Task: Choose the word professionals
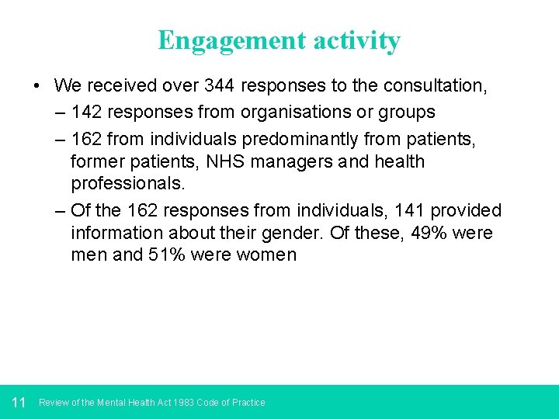[x=128, y=184]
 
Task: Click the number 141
[x=409, y=210]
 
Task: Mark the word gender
[x=302, y=233]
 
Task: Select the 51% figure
[x=167, y=255]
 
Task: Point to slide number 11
[x=19, y=402]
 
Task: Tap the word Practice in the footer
[x=248, y=403]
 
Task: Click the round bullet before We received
[x=37, y=86]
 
